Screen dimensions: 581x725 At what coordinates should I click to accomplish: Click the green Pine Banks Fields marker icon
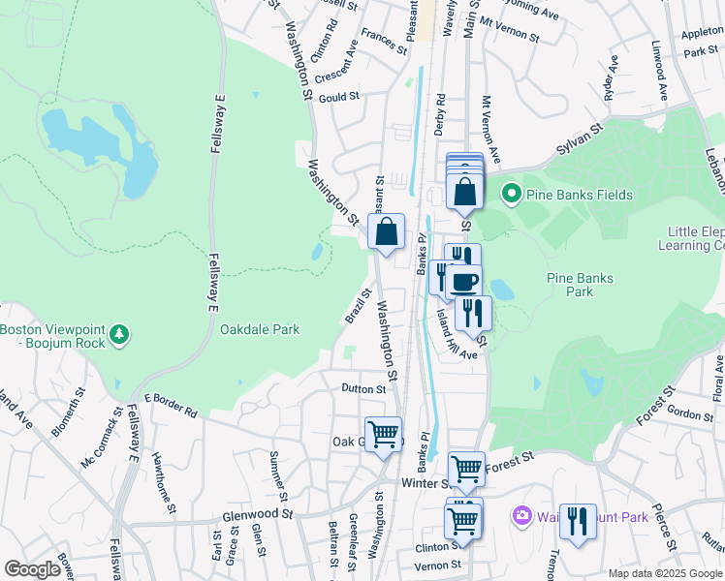point(512,195)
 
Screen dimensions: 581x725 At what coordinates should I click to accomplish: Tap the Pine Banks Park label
point(580,285)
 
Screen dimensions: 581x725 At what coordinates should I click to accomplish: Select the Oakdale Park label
point(259,329)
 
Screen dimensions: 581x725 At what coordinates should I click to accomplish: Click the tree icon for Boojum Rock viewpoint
point(119,335)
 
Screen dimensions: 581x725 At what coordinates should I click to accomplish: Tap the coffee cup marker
point(464,281)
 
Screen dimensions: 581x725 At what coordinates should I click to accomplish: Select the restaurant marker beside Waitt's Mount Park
point(578,521)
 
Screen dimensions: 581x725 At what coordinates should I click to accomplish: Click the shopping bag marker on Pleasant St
point(386,231)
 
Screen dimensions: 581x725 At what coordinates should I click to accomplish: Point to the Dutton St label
point(363,389)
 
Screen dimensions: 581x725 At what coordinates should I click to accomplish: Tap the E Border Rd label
point(171,405)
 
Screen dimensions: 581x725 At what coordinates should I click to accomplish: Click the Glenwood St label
point(257,514)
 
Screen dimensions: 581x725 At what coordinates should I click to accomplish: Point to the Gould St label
point(339,97)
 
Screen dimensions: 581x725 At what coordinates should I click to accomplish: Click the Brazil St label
point(359,305)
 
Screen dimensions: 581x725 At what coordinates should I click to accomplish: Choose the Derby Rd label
point(440,112)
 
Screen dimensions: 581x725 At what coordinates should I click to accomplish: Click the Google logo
point(32,569)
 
